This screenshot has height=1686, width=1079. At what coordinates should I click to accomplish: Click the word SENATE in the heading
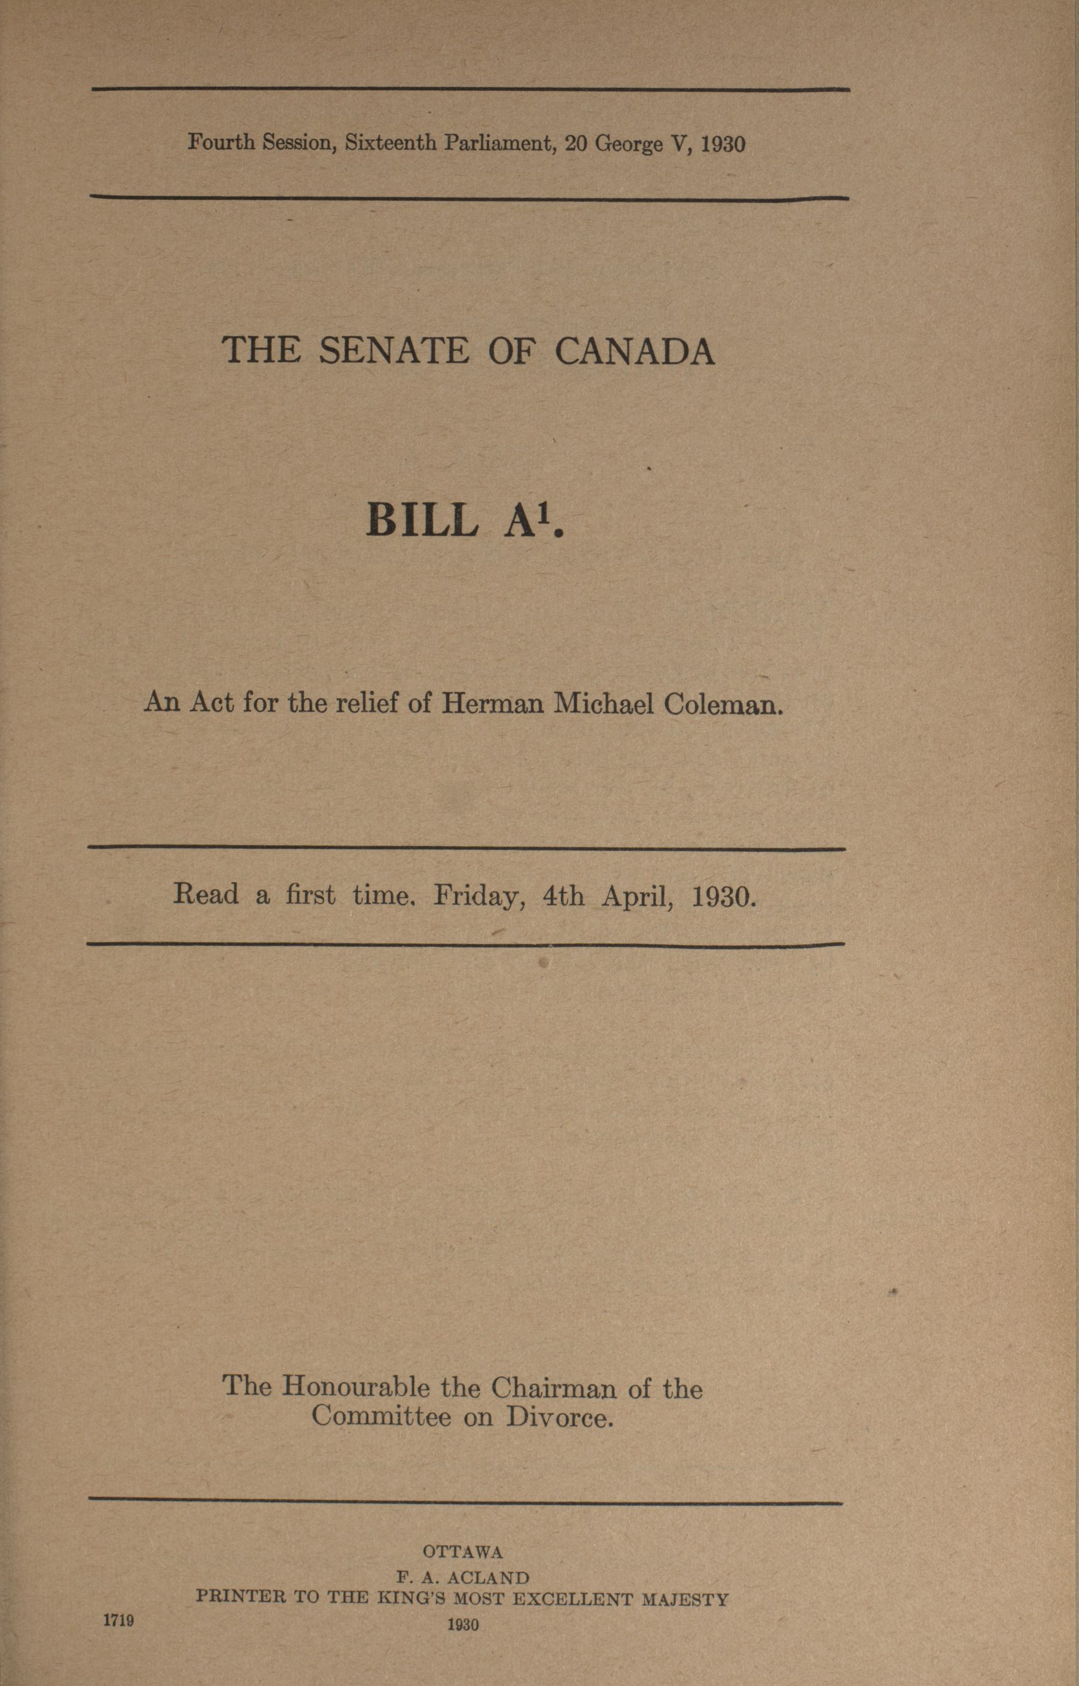coord(394,351)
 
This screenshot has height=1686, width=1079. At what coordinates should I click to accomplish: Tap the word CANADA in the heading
coord(635,351)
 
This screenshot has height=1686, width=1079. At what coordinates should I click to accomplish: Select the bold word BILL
coord(422,520)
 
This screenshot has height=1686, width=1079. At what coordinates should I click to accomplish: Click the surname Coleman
coord(723,703)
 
